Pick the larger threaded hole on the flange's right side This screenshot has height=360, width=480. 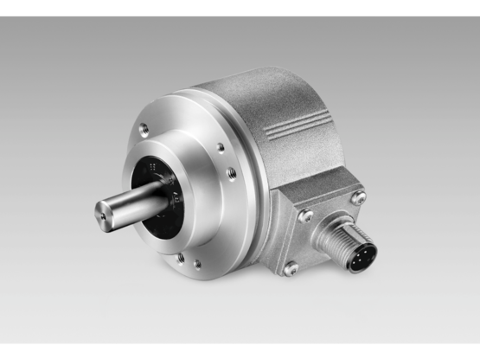[x=231, y=173]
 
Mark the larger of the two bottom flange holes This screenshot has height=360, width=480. [x=179, y=257]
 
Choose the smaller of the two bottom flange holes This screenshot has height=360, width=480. [x=197, y=264]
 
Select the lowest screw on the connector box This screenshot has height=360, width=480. [x=291, y=268]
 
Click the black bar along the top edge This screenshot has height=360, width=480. [x=240, y=7]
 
